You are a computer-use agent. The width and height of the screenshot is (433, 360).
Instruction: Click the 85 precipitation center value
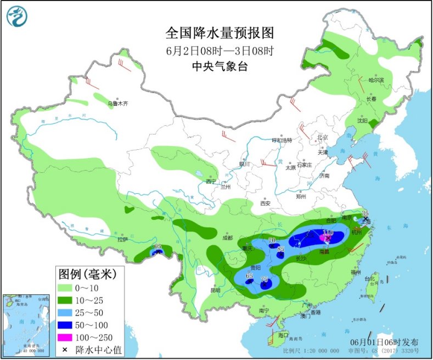coord(280,250)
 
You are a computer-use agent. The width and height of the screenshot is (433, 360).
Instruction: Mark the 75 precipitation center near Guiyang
coord(265,279)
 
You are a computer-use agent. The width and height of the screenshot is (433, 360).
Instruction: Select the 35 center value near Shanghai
coord(365,213)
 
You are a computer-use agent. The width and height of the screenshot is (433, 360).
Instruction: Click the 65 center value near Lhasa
coord(158,247)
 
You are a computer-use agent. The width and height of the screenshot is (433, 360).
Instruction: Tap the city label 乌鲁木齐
coord(117,103)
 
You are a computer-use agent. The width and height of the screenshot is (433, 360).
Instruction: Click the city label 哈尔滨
coord(376,81)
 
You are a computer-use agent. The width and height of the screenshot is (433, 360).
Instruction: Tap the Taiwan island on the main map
coord(375,285)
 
